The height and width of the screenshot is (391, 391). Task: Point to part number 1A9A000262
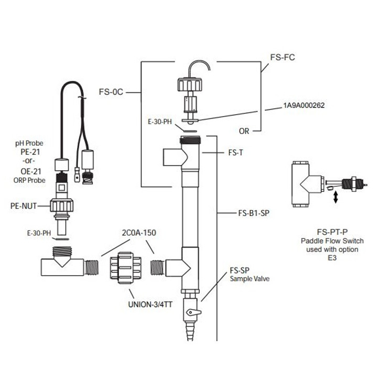click(304, 105)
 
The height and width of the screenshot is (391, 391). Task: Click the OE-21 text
click(35, 170)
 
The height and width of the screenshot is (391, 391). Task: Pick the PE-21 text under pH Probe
click(35, 153)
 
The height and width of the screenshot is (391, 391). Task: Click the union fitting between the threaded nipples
click(126, 266)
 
